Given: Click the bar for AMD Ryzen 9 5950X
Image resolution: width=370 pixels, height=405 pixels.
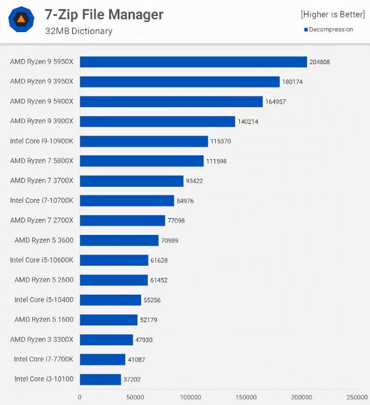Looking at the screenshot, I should tap(193, 62).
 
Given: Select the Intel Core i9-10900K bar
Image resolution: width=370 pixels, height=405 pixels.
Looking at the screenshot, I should tap(144, 141).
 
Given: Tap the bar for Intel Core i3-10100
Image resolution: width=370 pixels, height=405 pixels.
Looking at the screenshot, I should tap(101, 379).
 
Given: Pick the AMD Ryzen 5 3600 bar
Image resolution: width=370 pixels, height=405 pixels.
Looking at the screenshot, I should tap(119, 240).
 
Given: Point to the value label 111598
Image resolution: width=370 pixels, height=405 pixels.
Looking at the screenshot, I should tap(219, 161).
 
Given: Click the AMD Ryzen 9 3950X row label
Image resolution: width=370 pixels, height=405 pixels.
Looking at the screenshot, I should tap(41, 81).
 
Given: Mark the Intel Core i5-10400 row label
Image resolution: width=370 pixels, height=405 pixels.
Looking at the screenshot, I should tap(43, 300).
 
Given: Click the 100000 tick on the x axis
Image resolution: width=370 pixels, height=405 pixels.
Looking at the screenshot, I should tap(191, 397).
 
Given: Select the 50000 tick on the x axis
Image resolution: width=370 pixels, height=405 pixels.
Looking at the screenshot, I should tap(136, 397).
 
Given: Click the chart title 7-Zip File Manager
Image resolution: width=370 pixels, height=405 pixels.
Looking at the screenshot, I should tap(104, 14).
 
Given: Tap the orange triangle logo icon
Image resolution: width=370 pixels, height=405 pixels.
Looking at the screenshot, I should tap(21, 20).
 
